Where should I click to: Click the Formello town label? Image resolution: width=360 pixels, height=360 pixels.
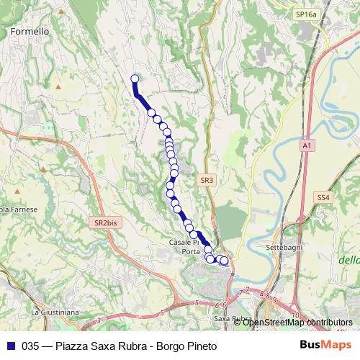tap(30, 32)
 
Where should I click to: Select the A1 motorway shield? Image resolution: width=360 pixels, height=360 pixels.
tap(307, 145)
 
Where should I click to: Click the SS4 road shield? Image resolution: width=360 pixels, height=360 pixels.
tap(323, 196)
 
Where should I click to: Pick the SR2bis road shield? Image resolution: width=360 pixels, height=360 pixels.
tap(105, 223)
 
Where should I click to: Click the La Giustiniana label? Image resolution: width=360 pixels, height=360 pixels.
tap(54, 312)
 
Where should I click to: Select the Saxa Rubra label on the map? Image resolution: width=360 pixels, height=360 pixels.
tap(232, 318)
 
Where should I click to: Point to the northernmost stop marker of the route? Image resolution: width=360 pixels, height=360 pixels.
tap(134, 79)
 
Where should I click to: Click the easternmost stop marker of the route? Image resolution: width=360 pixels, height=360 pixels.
tap(224, 261)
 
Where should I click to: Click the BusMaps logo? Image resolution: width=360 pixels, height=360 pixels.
tap(325, 345)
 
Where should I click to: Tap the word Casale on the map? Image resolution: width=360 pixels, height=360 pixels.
tap(181, 243)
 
